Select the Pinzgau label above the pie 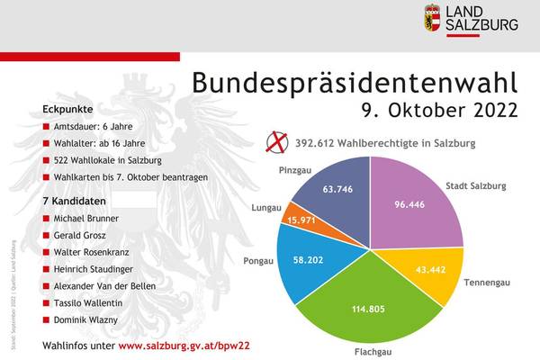295,168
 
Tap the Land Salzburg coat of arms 433,18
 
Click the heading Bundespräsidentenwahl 355,83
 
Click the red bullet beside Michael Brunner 47,219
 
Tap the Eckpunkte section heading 67,109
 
